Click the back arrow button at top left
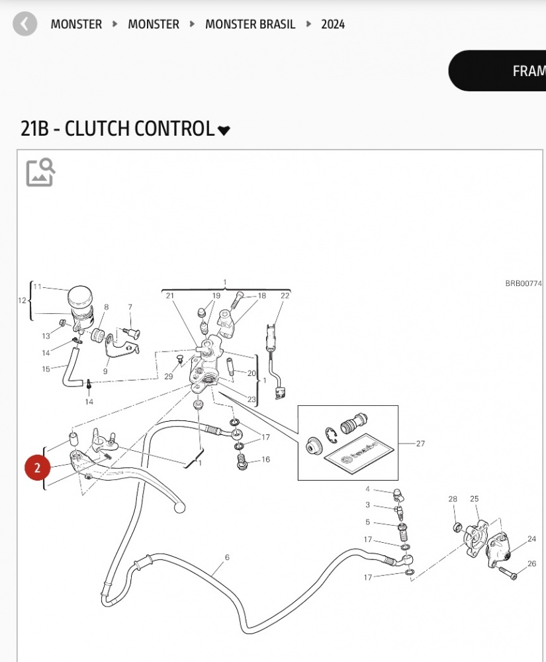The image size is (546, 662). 25,24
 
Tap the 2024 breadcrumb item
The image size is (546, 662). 333,24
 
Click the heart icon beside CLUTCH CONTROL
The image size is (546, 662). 224,130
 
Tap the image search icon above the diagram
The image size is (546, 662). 40,172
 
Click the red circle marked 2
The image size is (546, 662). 38,468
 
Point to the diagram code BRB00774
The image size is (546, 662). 523,283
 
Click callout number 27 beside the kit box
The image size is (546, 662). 420,444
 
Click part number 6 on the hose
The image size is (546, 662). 226,557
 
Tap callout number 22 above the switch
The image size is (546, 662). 285,296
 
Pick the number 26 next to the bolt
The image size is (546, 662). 531,564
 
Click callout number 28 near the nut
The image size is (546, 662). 453,499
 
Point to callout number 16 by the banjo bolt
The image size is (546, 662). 266,459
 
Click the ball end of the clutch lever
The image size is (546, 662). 178,508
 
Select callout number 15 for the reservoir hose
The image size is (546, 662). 46,369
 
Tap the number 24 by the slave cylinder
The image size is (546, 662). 531,539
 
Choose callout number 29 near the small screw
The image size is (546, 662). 169,376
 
